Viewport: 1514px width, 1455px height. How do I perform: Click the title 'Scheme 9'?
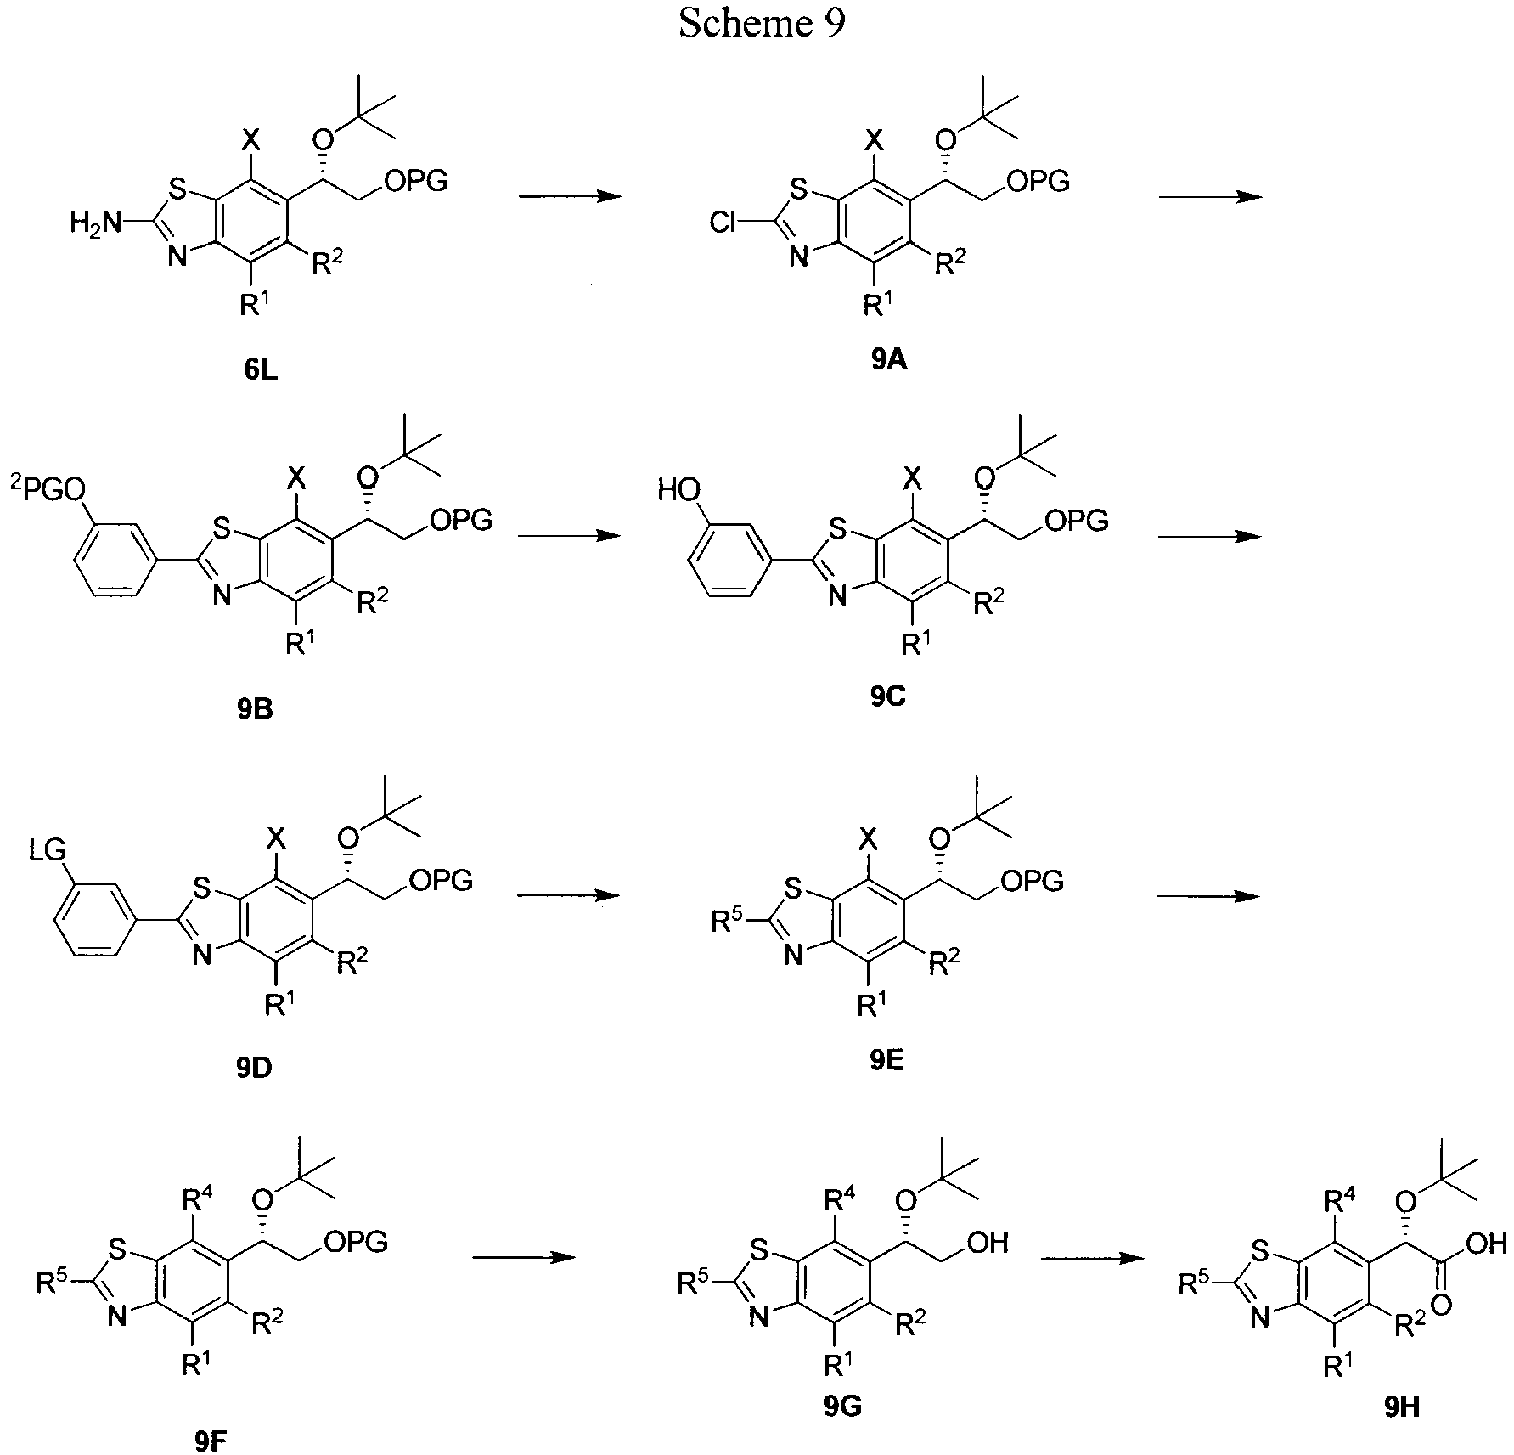click(x=762, y=25)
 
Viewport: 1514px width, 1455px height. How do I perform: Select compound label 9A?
click(x=888, y=361)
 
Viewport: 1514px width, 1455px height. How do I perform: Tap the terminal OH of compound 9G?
click(x=987, y=1244)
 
